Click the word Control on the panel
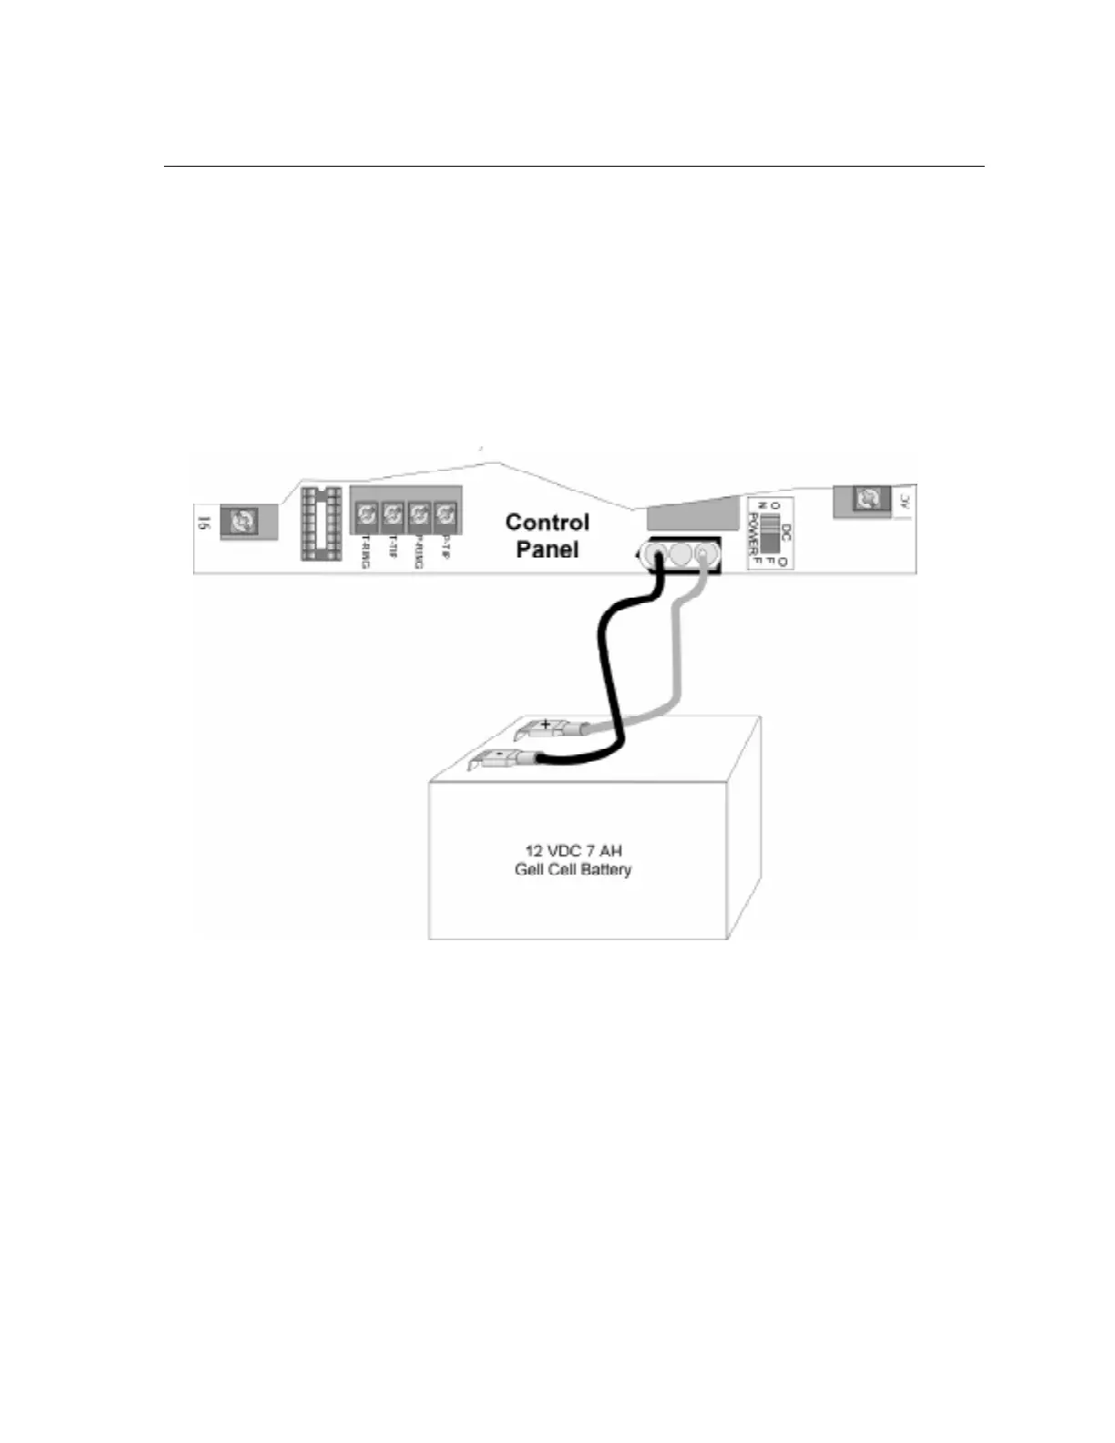(x=547, y=522)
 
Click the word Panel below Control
(x=547, y=549)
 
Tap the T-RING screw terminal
(x=365, y=517)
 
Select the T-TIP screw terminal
(x=392, y=517)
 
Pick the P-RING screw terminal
(x=418, y=517)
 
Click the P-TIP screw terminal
(x=445, y=517)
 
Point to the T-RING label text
(x=365, y=552)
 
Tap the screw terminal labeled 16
(x=243, y=521)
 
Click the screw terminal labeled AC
(x=869, y=498)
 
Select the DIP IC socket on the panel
(x=322, y=523)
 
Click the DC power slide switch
(x=771, y=534)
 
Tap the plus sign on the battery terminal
(x=546, y=724)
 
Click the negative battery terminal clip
(x=498, y=757)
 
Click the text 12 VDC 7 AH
(x=573, y=851)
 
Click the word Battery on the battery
(x=601, y=869)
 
